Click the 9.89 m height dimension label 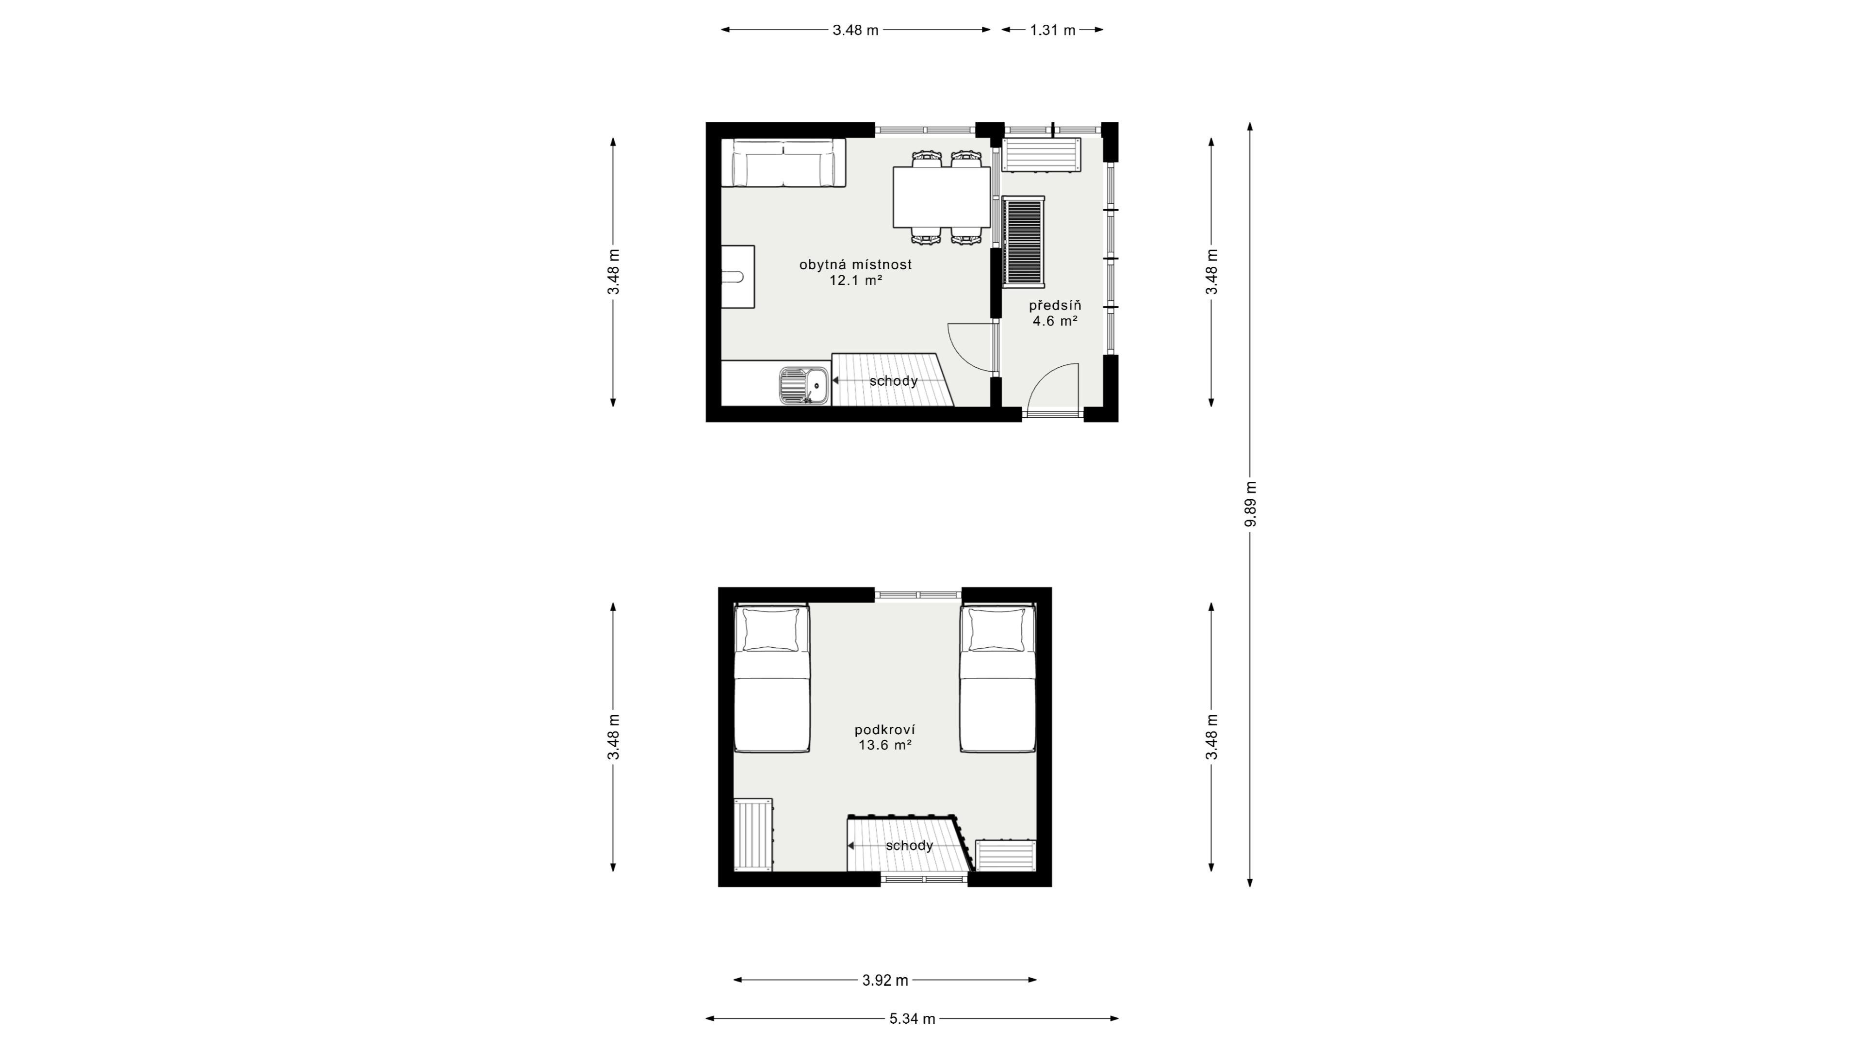click(1251, 504)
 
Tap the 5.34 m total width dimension click(912, 1018)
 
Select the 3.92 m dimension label click(885, 980)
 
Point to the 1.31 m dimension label click(1053, 30)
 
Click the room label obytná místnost click(855, 265)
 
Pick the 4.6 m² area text click(1055, 320)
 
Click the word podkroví click(884, 730)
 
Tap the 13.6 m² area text click(884, 745)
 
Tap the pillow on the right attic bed click(997, 630)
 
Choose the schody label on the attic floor click(909, 846)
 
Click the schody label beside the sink click(893, 381)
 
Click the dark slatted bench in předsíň click(1023, 242)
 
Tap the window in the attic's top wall click(918, 594)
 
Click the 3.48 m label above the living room click(855, 30)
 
